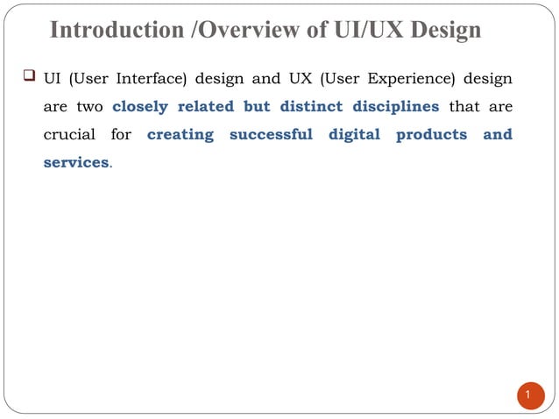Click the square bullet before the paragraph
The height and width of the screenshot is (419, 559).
(29, 80)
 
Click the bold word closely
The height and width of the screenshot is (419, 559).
(140, 108)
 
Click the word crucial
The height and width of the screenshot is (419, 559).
(70, 136)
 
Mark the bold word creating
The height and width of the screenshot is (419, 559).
(180, 136)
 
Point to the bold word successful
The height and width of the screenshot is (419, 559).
(271, 136)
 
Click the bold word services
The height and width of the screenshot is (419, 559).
(76, 163)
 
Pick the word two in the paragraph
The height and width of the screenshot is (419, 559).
(91, 108)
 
